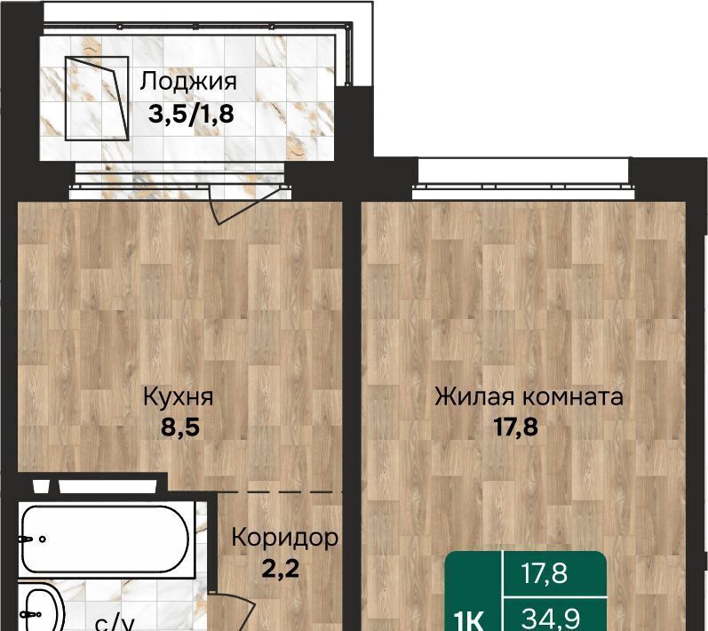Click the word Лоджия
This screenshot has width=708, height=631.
187,83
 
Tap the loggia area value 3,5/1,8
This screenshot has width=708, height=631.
191,114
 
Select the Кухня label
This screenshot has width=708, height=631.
178,397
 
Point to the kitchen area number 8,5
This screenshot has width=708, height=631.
180,427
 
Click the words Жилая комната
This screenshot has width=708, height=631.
529,396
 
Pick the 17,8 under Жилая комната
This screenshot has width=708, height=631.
516,427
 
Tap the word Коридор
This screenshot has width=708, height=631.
284,538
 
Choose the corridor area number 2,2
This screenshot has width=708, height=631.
281,568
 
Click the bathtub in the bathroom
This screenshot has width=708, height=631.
106,539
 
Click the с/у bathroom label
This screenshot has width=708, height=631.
115,623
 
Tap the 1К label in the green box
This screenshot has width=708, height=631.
470,619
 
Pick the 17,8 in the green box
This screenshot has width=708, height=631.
544,573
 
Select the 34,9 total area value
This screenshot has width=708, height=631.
550,618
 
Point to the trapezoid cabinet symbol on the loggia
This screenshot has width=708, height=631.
97,98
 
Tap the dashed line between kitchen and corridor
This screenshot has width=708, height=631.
281,491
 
